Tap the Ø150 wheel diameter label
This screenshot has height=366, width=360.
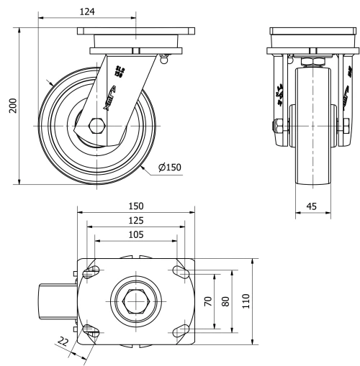pyautogui.click(x=170, y=168)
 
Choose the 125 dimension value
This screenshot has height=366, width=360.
pyautogui.click(x=136, y=219)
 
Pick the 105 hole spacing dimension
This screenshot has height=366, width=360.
pyautogui.click(x=136, y=234)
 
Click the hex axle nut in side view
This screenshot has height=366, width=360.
pyautogui.click(x=96, y=127)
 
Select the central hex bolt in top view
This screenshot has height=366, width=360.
pyautogui.click(x=136, y=301)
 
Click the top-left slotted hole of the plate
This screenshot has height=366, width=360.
pyautogui.click(x=92, y=273)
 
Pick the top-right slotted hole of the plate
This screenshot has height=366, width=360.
pyautogui.click(x=180, y=273)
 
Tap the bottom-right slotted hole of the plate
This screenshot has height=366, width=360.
pyautogui.click(x=180, y=330)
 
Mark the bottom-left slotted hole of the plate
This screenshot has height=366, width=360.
pyautogui.click(x=92, y=330)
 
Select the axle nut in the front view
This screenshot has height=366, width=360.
pyautogui.click(x=276, y=127)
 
